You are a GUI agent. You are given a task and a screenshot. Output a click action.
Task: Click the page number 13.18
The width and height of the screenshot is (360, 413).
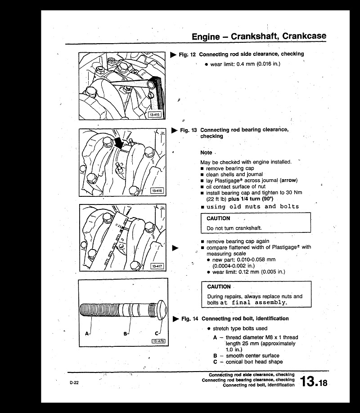point(314,382)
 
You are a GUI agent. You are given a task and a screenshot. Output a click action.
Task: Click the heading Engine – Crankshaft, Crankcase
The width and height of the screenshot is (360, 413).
point(259,36)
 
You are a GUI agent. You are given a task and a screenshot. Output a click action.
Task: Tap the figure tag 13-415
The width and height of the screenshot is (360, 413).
point(154,115)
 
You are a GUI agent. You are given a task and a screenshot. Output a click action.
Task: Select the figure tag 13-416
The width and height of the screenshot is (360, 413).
point(156,191)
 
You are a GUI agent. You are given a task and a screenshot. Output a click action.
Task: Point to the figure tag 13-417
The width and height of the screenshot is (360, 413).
point(156,266)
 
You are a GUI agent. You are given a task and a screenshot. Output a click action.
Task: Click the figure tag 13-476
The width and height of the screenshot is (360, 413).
point(158,341)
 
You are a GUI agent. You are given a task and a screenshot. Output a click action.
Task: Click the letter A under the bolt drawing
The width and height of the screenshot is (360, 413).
point(86,334)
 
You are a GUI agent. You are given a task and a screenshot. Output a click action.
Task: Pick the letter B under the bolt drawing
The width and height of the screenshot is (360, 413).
point(125,334)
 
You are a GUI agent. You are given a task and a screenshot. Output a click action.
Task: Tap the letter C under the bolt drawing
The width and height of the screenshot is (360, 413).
point(156,333)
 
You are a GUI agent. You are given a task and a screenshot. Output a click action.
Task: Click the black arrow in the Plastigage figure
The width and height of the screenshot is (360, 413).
point(119,144)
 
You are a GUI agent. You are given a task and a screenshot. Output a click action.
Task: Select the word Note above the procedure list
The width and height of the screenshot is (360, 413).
point(206,153)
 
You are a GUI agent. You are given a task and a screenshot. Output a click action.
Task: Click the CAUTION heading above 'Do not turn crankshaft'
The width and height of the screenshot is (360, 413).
point(218,218)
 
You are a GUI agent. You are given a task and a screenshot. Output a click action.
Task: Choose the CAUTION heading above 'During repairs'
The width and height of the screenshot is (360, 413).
point(219,287)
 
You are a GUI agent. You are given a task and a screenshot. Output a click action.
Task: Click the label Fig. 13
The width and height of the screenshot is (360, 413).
point(189,130)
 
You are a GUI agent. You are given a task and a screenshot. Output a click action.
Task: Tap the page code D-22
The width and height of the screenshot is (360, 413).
point(74,383)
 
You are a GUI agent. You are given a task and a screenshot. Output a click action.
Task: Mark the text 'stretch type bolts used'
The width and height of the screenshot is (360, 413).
point(240,329)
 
